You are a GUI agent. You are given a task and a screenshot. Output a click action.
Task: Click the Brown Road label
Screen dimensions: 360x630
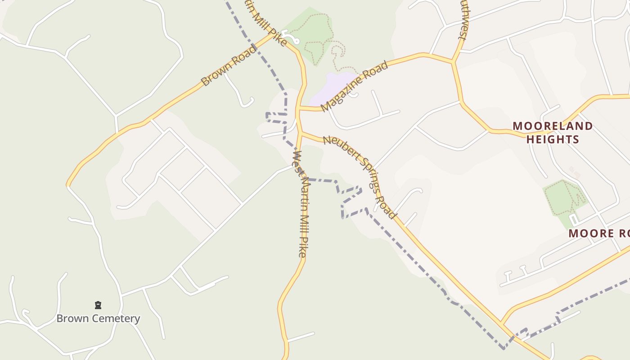click(228, 66)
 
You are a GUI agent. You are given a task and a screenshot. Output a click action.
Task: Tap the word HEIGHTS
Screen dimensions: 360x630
click(553, 139)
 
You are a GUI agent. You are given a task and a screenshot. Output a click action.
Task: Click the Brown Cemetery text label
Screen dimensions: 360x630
click(98, 319)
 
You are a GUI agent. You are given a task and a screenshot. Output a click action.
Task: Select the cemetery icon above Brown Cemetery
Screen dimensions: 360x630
click(98, 306)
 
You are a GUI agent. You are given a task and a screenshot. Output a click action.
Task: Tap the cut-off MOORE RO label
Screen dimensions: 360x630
click(598, 233)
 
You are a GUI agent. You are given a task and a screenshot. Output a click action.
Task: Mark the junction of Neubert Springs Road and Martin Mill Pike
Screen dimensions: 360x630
click(300, 132)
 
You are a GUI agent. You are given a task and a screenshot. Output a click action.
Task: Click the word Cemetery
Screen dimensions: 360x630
click(118, 319)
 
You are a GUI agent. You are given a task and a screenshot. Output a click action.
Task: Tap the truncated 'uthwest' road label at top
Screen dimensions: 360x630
click(463, 20)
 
